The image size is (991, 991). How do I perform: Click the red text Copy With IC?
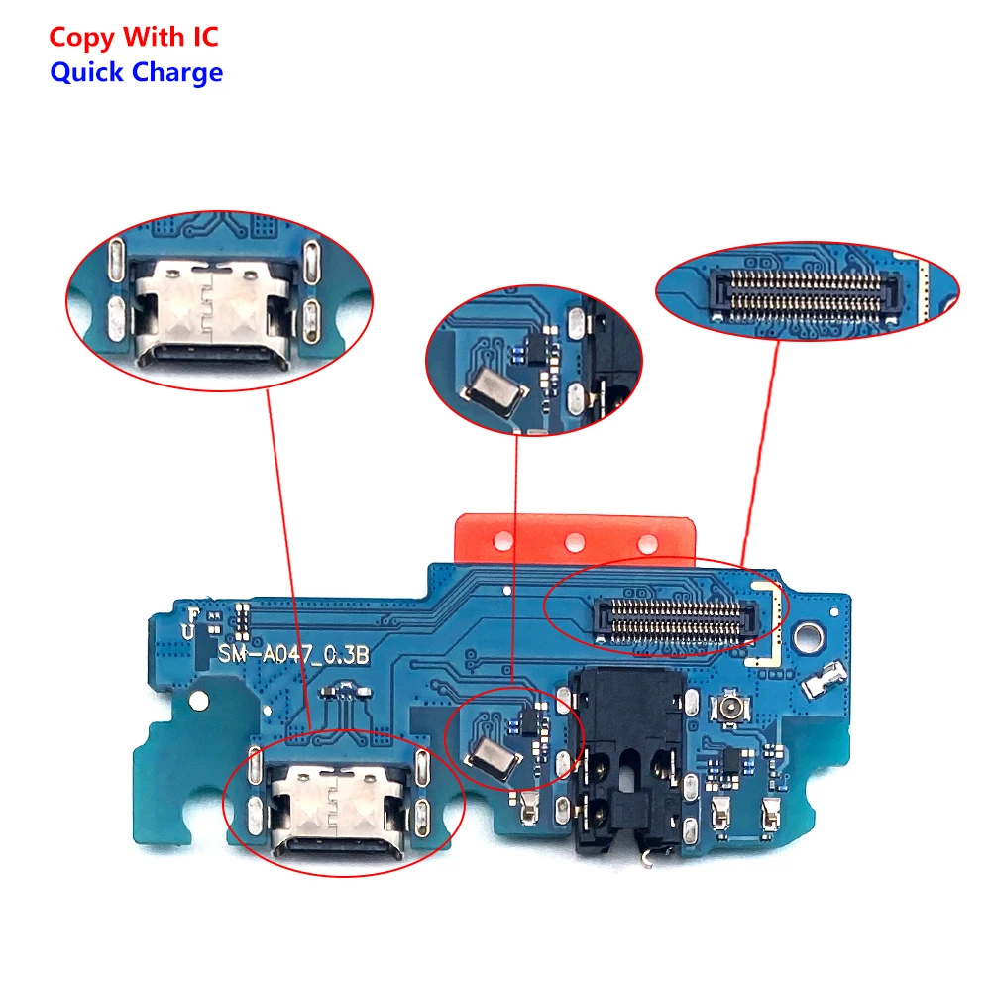[134, 38]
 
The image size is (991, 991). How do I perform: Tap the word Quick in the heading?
[86, 72]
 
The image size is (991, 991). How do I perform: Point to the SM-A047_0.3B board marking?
[293, 654]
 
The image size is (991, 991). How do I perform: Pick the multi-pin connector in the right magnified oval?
[803, 295]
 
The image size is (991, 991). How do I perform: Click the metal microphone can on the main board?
[493, 756]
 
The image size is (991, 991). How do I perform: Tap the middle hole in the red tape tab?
[574, 542]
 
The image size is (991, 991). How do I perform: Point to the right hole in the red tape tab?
[647, 542]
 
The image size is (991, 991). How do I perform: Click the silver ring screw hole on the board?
[809, 637]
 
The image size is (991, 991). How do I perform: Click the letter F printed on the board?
[193, 614]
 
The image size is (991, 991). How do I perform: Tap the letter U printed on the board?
[188, 631]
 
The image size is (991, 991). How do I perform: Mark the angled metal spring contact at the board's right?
[824, 680]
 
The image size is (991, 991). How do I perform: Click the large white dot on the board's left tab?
[199, 701]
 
